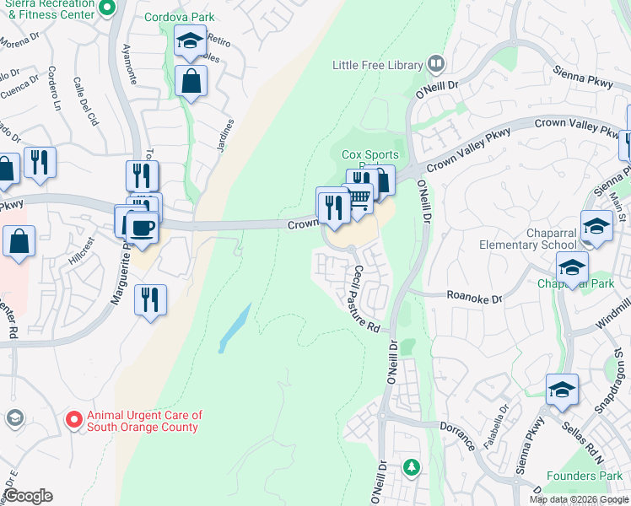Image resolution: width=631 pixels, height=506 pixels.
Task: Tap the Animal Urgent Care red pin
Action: point(74,418)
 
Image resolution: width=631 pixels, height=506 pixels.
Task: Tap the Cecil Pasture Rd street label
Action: point(365,299)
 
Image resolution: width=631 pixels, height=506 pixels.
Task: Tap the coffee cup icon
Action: point(142,225)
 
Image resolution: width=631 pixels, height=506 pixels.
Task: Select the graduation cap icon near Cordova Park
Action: point(190,40)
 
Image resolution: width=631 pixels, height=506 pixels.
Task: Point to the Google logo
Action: point(28,496)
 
